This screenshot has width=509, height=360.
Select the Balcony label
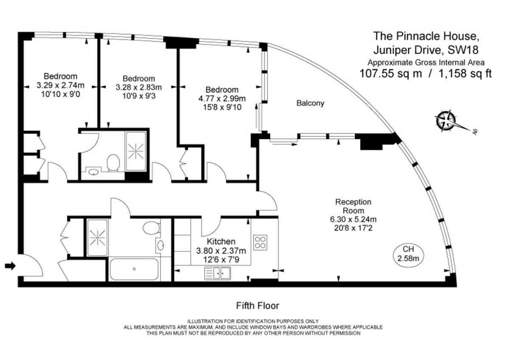[310, 103]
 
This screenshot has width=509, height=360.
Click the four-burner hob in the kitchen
[260, 242]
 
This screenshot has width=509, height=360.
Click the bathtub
[134, 269]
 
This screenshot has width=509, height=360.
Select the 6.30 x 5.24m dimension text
[353, 219]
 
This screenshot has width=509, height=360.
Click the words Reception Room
[353, 206]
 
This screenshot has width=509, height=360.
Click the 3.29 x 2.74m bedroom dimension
[61, 85]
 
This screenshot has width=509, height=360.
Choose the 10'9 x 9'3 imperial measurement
[138, 96]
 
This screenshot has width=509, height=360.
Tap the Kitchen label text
[221, 242]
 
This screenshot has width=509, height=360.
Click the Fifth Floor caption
[257, 305]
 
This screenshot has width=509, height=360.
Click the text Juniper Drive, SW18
[425, 50]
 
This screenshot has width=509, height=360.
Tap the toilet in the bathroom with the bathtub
[151, 228]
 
